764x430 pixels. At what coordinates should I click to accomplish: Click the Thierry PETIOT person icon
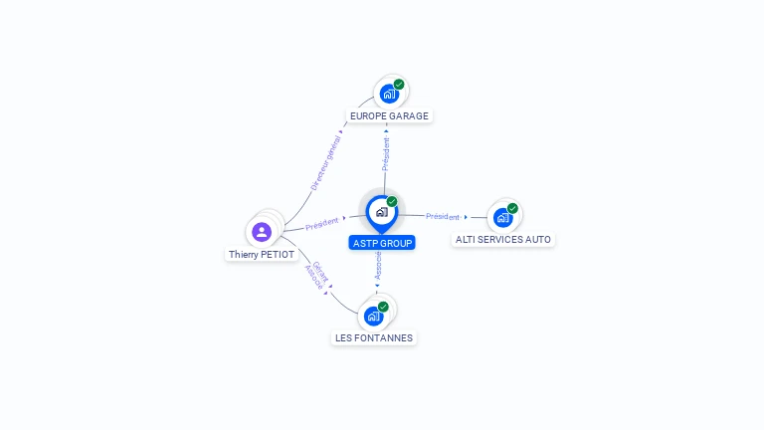coord(262,232)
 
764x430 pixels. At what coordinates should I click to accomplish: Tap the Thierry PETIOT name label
coord(263,255)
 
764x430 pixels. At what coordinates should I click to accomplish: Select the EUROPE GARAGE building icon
coord(388,94)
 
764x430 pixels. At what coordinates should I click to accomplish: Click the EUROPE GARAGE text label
coord(389,116)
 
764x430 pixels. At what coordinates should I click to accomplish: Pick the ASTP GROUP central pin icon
coord(381,211)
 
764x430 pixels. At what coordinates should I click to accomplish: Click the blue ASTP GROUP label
coord(382,243)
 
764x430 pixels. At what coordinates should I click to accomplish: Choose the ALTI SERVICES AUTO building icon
coord(502,216)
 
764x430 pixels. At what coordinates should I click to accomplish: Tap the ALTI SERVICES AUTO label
coord(503,240)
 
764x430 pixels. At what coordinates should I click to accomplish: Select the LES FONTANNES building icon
coord(373,316)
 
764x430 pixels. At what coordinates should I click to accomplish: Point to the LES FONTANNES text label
coord(374,338)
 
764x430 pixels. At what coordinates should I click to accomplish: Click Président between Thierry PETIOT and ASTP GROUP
coord(322,224)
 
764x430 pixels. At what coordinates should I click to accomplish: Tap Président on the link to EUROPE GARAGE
coord(386,153)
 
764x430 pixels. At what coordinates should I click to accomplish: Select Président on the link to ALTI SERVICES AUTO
coord(443,216)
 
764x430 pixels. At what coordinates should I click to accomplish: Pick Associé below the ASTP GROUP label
coord(378,266)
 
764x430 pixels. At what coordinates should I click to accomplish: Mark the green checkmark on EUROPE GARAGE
coord(399,85)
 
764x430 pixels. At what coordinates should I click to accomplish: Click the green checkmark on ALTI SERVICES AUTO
coord(512,208)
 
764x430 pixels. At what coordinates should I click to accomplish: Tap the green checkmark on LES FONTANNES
coord(383,307)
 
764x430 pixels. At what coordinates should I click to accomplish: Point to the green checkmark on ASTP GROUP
coord(392,202)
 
